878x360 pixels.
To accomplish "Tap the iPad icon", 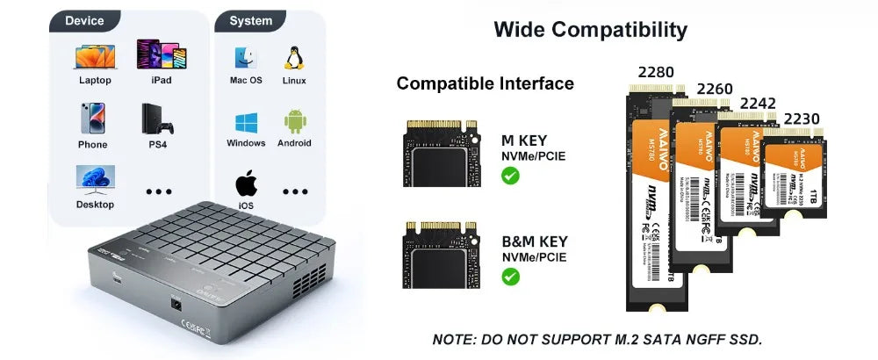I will pos(161,54).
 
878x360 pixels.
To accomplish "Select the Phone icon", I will pos(92,119).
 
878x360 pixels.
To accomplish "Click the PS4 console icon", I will pos(160,119).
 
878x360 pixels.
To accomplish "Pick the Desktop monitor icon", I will pos(94,179).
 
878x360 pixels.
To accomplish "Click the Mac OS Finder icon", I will pos(246,58).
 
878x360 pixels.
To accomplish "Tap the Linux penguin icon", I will pos(294,58).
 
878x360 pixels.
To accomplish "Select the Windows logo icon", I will pos(246,122).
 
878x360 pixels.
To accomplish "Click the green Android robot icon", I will pos(294,121).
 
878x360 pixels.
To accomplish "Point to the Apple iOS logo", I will pos(247,184).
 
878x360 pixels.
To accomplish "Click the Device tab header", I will pos(84,20).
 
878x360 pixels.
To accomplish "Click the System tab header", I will pos(250,20).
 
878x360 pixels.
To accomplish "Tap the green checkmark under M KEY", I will pos(509,176).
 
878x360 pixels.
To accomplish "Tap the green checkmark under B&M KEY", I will pos(509,277).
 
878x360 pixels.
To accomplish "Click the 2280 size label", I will pos(656,72).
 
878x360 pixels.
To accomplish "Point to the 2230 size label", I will pos(801,119).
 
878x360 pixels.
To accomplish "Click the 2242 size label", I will pos(758,104).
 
